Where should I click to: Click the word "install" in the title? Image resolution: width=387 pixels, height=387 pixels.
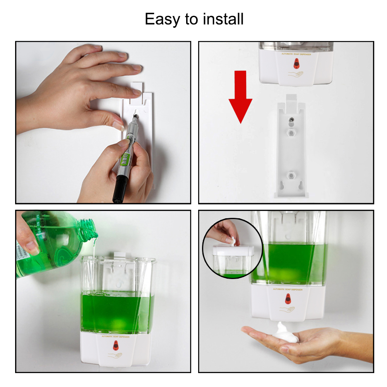[224, 19]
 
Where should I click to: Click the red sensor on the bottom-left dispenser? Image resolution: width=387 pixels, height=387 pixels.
[116, 345]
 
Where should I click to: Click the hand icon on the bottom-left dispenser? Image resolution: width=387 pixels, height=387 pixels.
[115, 355]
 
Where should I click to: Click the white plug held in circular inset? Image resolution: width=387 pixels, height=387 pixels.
[233, 241]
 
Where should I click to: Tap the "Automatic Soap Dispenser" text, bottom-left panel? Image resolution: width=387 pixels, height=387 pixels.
[116, 337]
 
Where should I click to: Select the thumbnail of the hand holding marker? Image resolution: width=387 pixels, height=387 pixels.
[103, 122]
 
